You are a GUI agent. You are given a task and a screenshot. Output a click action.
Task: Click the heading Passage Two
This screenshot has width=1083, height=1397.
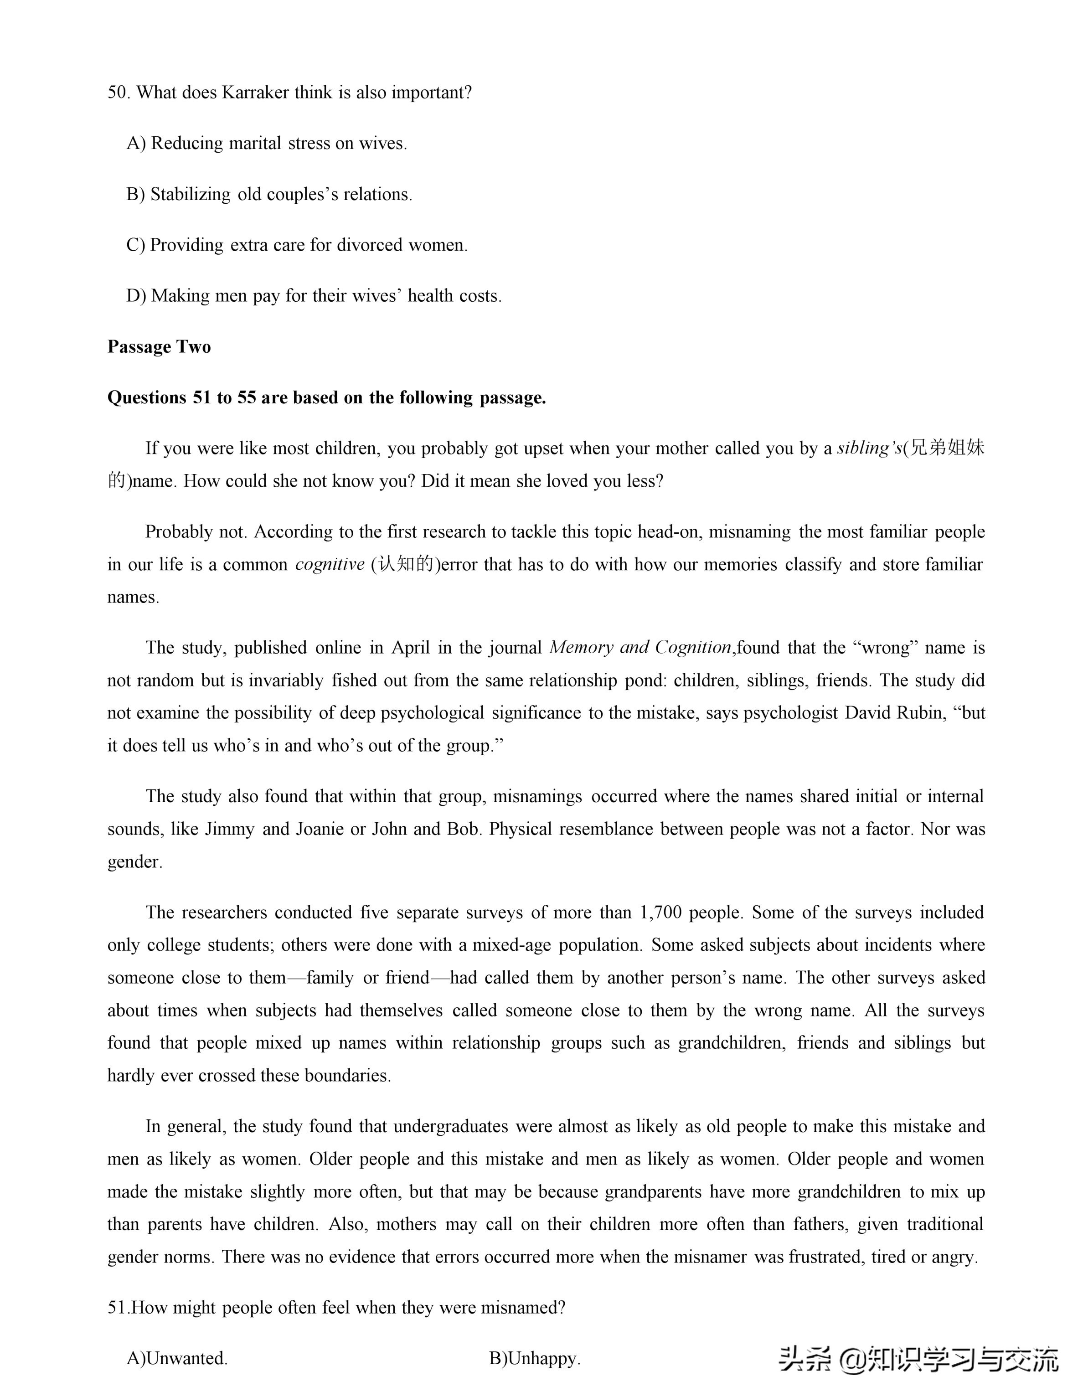tap(159, 347)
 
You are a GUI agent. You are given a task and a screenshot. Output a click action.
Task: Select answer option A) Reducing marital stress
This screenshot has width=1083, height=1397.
tap(267, 143)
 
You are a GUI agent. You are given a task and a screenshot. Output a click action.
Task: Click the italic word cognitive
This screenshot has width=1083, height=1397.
tap(330, 565)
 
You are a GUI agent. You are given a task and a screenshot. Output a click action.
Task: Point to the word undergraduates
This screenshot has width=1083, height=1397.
tap(450, 1126)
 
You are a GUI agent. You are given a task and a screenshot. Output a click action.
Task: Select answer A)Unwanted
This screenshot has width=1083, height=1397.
tap(177, 1359)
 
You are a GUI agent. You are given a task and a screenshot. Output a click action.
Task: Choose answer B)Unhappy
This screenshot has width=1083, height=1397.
tap(535, 1359)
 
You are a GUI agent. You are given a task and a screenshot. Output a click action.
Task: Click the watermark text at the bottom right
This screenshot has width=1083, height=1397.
tap(918, 1359)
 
